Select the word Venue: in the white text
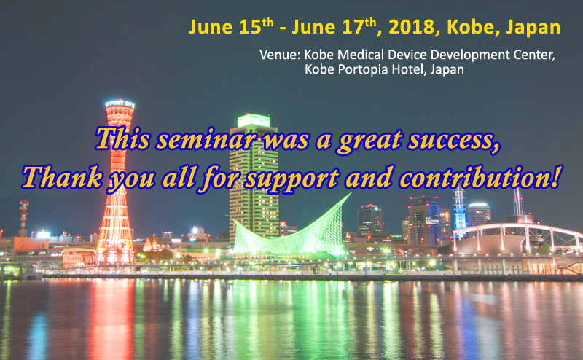pos(280,55)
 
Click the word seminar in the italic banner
pos(206,139)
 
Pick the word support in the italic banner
pos(292,179)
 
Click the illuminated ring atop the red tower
pos(120,103)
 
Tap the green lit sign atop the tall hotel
pos(254,120)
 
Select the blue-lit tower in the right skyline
pos(460,208)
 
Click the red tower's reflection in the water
pos(111,316)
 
